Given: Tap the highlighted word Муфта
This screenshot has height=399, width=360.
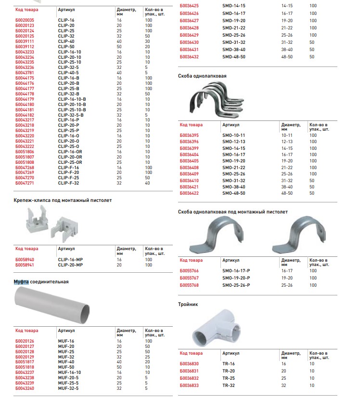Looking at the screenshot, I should tap(21, 282).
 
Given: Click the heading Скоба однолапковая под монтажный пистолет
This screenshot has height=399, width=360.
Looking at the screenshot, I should tap(233, 212).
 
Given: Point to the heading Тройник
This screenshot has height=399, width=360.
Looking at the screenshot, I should tap(188, 305).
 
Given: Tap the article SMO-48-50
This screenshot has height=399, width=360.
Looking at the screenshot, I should tap(234, 193).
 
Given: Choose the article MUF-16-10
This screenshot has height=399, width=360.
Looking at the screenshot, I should tap(69, 372).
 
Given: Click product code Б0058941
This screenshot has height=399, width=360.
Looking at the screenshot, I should tap(25, 265).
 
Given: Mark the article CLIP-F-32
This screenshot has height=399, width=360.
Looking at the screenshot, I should tap(68, 183).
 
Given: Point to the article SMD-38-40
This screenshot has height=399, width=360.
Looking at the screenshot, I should tap(234, 50).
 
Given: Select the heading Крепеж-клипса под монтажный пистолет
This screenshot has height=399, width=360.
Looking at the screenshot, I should tap(63, 200).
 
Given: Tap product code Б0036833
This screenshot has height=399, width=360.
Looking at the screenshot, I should tap(190, 386).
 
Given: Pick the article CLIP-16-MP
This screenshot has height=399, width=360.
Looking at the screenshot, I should tap(70, 259).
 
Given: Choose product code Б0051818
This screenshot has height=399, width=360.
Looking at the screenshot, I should tap(25, 367).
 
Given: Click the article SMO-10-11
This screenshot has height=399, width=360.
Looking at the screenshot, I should tap(234, 135).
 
